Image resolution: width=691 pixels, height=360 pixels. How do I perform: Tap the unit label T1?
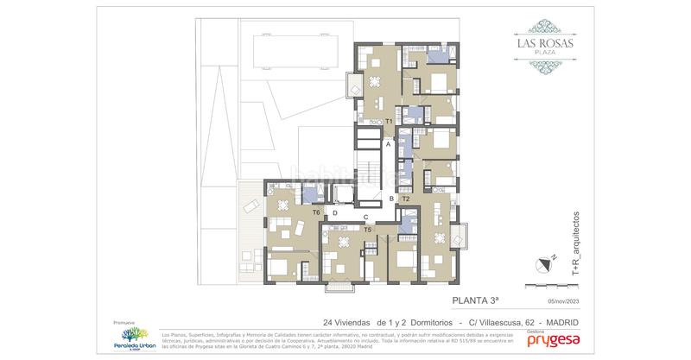[390, 122]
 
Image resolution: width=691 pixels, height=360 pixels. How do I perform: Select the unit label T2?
[405, 199]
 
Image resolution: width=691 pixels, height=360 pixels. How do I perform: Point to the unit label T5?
[368, 230]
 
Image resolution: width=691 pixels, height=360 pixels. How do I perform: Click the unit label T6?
[316, 212]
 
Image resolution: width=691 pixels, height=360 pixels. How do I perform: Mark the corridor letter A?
[389, 145]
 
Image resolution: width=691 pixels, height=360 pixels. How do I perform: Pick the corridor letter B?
[391, 199]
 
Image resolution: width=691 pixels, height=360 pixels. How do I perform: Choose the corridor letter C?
[366, 217]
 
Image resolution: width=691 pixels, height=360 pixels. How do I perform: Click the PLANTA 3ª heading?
[476, 301]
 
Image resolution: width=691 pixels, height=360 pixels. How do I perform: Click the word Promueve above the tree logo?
[126, 319]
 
